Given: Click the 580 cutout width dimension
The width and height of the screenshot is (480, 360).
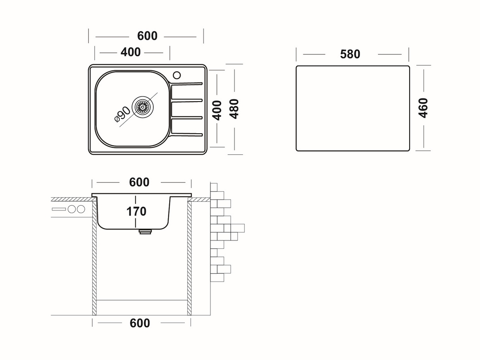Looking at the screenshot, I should [x=350, y=54].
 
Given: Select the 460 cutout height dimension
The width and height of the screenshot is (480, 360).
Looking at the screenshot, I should [x=423, y=108].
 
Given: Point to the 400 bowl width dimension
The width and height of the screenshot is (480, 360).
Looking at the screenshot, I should [x=131, y=52].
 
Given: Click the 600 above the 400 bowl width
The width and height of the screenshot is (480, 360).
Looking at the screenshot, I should [x=147, y=36].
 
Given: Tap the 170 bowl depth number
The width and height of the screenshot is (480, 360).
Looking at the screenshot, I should [x=136, y=211].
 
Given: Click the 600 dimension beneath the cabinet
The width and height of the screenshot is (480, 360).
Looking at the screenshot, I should [x=140, y=323].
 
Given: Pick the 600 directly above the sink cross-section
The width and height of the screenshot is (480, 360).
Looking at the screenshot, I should [x=139, y=182].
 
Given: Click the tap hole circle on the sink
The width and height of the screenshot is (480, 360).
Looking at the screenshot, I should [x=176, y=75].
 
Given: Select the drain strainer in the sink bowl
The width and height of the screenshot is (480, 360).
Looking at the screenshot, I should [x=142, y=107].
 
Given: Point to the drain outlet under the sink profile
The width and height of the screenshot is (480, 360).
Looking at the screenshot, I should [x=144, y=231].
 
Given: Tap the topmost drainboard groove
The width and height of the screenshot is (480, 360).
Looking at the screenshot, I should [x=187, y=84].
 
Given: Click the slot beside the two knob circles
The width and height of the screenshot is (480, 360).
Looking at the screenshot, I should [x=58, y=209].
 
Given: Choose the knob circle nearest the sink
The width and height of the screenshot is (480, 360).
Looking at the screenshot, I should [x=81, y=209].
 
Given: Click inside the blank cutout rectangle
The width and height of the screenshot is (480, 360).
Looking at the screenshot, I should [x=352, y=108].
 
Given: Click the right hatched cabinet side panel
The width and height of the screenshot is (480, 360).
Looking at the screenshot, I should [x=190, y=256].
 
